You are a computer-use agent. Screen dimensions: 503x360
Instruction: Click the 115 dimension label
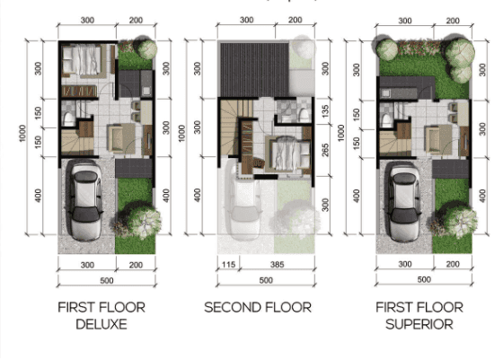[x=228, y=265]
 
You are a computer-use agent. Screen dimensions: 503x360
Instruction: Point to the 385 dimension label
[x=278, y=265]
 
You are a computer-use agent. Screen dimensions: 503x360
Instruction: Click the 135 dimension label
[x=325, y=111]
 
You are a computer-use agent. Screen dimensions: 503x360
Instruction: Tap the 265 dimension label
[x=325, y=150]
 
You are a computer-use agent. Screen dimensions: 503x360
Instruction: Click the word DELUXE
[x=101, y=324]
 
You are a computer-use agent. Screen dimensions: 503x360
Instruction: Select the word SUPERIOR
[x=419, y=324]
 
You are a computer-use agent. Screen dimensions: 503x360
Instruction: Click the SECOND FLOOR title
[x=258, y=307]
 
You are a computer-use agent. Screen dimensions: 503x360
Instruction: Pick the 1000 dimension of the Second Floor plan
[x=181, y=133]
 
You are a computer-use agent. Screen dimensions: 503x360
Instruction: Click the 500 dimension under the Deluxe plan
[x=107, y=281]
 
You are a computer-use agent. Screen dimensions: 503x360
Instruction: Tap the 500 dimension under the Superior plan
[x=424, y=279]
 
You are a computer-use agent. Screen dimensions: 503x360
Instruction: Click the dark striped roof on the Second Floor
[x=254, y=69]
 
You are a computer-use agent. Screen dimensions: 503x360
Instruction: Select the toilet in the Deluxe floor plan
[x=68, y=119]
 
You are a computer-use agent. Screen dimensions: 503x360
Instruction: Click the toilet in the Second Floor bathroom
[x=304, y=114]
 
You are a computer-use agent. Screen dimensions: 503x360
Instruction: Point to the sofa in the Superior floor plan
[x=438, y=139]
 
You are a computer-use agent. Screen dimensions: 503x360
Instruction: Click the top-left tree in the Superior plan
[x=386, y=49]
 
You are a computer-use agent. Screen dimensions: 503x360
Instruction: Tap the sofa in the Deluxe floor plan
[x=121, y=138]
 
